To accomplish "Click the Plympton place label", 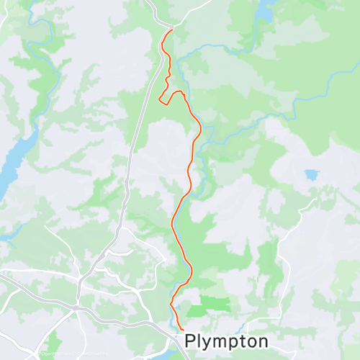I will (x=226, y=341).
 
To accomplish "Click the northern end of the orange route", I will (x=171, y=30).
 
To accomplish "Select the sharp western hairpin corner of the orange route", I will (x=159, y=102).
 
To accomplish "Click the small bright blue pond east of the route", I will (x=311, y=174).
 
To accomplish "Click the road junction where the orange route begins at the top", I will (x=172, y=28).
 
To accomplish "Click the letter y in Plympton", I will (x=207, y=343).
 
